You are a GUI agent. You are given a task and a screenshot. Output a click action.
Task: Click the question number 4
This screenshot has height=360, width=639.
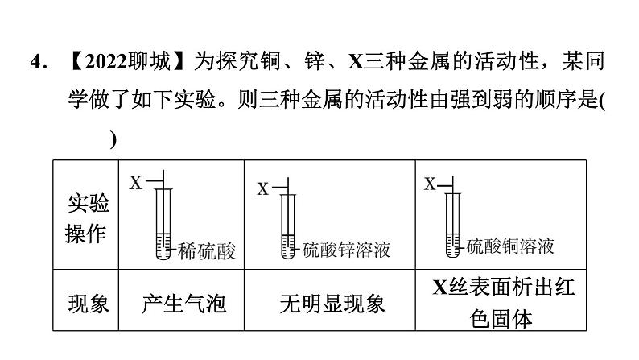[33, 62]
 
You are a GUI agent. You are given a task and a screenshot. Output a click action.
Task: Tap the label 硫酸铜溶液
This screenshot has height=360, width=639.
[511, 246]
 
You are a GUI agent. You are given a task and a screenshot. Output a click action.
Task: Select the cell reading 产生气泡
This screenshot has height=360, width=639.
[183, 303]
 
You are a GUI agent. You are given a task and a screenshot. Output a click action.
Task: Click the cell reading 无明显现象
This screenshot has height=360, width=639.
[332, 303]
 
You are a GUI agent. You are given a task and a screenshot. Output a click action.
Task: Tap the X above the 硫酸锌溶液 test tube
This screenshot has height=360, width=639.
[262, 190]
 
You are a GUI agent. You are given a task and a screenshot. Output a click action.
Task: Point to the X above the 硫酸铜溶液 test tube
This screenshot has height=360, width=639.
[430, 184]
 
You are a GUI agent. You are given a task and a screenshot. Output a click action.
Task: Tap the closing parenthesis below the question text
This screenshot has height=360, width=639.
[113, 139]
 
